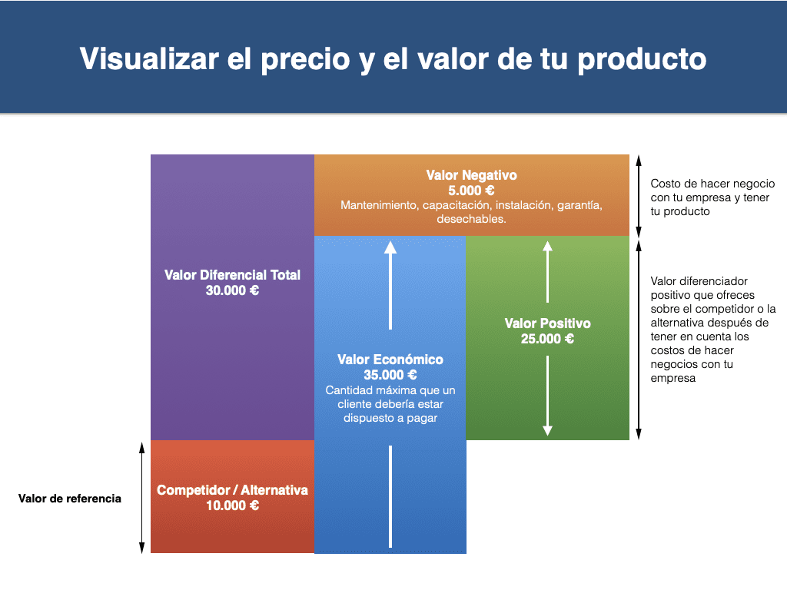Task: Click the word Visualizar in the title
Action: [x=149, y=58]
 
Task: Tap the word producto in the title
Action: [x=642, y=60]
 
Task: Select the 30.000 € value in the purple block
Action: [x=232, y=290]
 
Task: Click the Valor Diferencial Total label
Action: [x=232, y=275]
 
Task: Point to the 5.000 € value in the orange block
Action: [x=471, y=191]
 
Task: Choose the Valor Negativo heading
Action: [x=471, y=175]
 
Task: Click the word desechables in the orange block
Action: [x=470, y=219]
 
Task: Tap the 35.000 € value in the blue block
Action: [x=390, y=375]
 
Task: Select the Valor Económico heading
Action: [x=390, y=360]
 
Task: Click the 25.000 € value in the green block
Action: [x=547, y=339]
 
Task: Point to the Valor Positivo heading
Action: [x=547, y=323]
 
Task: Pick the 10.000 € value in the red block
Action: [x=232, y=505]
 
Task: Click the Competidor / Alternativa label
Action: [x=232, y=489]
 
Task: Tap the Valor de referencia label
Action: [x=70, y=498]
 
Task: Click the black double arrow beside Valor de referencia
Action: [x=142, y=498]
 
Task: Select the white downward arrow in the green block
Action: [x=547, y=396]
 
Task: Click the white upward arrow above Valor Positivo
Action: [x=547, y=271]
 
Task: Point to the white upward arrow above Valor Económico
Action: [x=390, y=285]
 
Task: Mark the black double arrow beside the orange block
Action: [x=639, y=196]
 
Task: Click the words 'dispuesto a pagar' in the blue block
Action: [x=390, y=418]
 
